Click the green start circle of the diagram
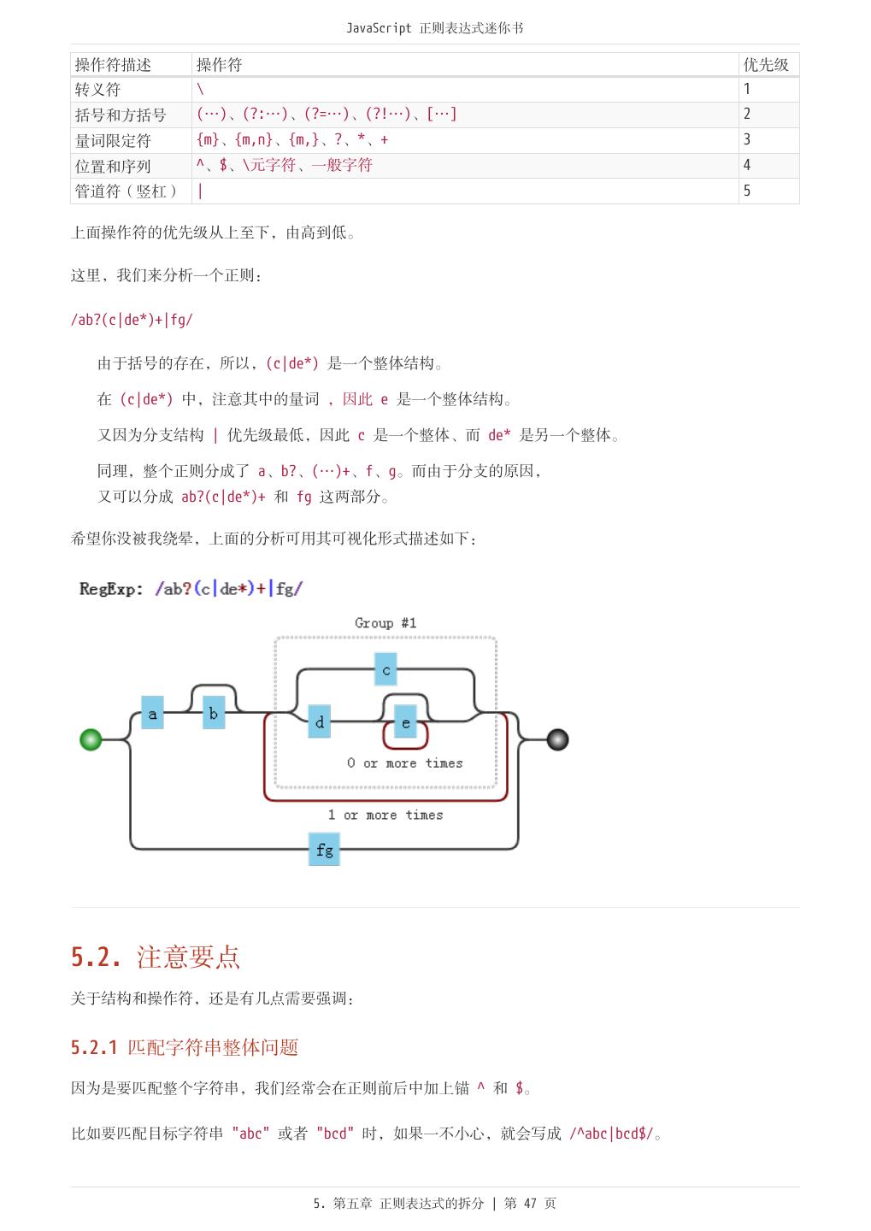[x=91, y=739]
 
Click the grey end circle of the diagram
[x=557, y=739]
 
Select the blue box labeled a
[x=152, y=713]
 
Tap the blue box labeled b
[x=214, y=713]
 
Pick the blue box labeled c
[x=385, y=670]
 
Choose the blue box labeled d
[x=320, y=722]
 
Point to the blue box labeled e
[x=406, y=723]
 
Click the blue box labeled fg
[x=325, y=850]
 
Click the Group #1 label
[x=385, y=623]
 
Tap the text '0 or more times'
[x=405, y=763]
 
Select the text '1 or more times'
[x=385, y=816]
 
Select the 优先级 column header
[x=766, y=65]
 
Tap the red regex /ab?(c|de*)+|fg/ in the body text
[x=132, y=320]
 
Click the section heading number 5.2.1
[x=94, y=1047]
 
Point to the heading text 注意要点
[x=188, y=957]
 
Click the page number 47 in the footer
[x=530, y=1204]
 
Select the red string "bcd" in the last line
[x=335, y=1134]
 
